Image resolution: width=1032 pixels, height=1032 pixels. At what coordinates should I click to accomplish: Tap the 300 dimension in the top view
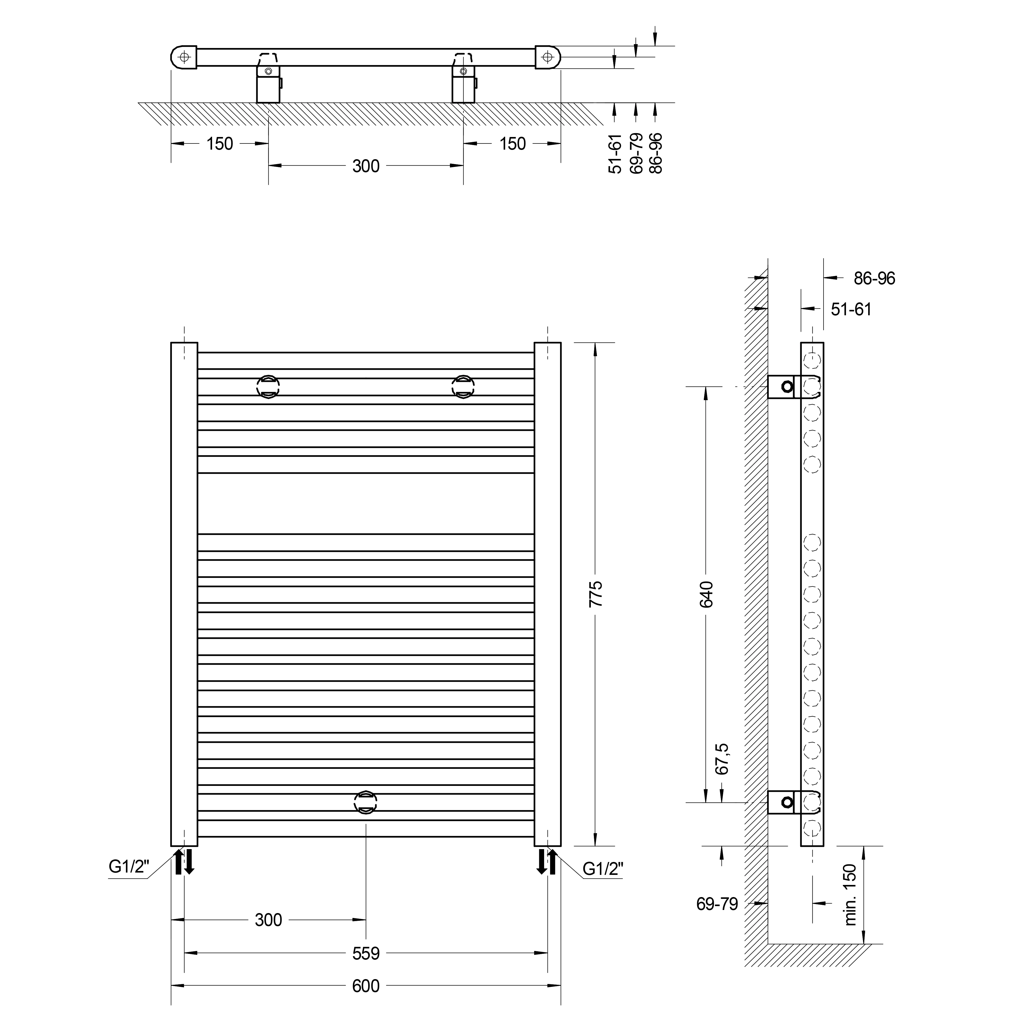(366, 166)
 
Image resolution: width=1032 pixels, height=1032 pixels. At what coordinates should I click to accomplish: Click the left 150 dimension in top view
(220, 144)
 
